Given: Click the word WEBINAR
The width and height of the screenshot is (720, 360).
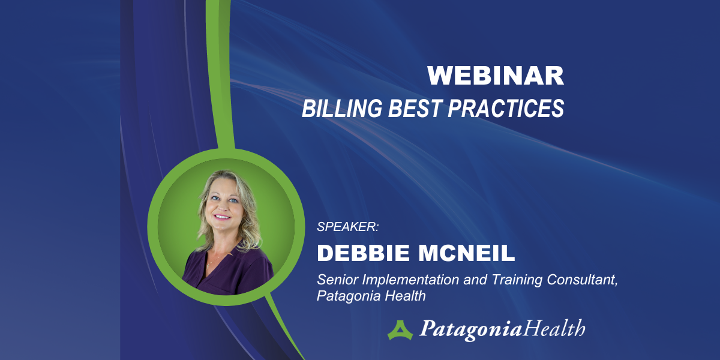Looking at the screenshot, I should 496,76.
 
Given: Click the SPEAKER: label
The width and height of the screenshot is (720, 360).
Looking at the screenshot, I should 348,227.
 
